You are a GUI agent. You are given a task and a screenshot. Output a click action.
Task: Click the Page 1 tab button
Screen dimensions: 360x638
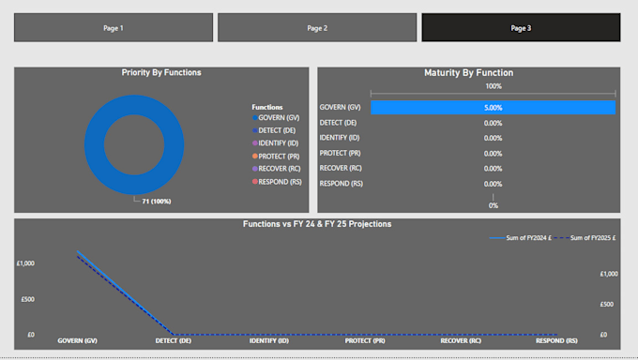click(x=114, y=28)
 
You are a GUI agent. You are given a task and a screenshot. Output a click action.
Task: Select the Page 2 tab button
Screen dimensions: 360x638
click(x=317, y=28)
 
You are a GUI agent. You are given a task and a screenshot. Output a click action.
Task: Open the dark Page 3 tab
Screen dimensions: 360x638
click(x=521, y=28)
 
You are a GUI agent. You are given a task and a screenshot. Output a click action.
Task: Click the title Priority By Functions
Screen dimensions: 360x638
click(x=161, y=72)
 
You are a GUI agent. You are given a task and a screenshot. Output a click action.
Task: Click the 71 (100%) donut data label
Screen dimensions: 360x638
click(x=157, y=201)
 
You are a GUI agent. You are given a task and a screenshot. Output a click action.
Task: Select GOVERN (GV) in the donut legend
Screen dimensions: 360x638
click(x=279, y=118)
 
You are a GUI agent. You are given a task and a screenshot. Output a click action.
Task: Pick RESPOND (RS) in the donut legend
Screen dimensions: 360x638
click(x=279, y=181)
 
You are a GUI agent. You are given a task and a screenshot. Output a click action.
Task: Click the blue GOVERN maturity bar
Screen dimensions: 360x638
click(x=493, y=108)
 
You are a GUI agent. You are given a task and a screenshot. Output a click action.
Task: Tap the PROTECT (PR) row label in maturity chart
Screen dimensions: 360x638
click(x=341, y=153)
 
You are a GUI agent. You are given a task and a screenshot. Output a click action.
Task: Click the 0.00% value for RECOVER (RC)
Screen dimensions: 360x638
click(x=493, y=169)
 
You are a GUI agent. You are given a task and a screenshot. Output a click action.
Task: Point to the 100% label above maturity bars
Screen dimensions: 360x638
click(x=493, y=86)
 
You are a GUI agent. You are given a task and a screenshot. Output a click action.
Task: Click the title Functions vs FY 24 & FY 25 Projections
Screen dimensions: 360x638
click(x=317, y=224)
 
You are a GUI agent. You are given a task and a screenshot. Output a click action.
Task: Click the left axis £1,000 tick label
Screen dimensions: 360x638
click(x=25, y=264)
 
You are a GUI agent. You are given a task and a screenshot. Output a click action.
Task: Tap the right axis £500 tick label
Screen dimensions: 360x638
click(x=609, y=304)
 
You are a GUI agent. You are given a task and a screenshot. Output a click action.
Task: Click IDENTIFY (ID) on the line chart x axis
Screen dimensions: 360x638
click(x=269, y=341)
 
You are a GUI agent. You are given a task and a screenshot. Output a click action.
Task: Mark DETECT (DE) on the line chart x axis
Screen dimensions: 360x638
click(x=174, y=341)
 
